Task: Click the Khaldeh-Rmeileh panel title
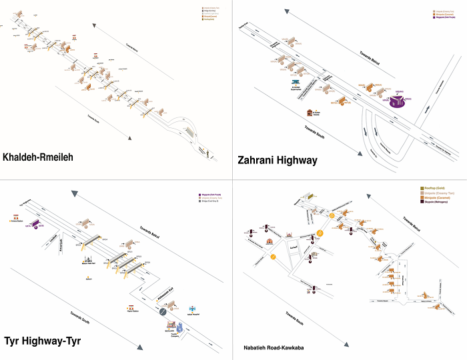click(38, 157)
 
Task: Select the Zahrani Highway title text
click(278, 160)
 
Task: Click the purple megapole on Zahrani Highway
click(398, 101)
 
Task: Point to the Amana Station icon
click(15, 217)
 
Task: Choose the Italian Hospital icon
click(193, 309)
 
